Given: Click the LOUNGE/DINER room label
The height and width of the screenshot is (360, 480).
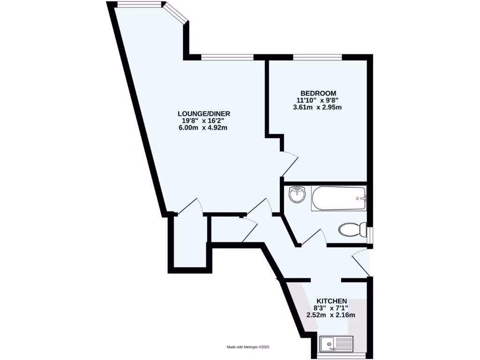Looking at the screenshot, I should point(203,113).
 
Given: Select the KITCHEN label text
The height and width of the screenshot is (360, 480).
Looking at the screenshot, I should point(331,300).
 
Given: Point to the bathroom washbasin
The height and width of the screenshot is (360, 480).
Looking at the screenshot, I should point(296,194).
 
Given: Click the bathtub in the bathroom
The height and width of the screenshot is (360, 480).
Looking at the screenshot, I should point(338,198).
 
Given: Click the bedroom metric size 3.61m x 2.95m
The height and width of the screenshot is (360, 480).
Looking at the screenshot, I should point(317,107).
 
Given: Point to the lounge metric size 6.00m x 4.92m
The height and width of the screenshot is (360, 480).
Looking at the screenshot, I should point(203,128).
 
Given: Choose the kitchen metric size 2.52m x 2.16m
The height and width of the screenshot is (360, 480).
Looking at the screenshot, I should point(330,315).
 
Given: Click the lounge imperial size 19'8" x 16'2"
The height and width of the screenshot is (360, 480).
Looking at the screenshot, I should point(203,120).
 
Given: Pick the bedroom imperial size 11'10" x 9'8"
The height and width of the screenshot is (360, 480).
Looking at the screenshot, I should point(317,100).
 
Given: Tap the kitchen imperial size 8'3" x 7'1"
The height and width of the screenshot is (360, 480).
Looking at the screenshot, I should point(331,308).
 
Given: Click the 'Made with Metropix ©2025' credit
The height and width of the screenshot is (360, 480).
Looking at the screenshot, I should point(248,347).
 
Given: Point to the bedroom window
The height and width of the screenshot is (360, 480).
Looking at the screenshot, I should point(317,57).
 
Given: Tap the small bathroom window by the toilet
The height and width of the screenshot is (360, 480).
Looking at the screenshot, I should point(370,236).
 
